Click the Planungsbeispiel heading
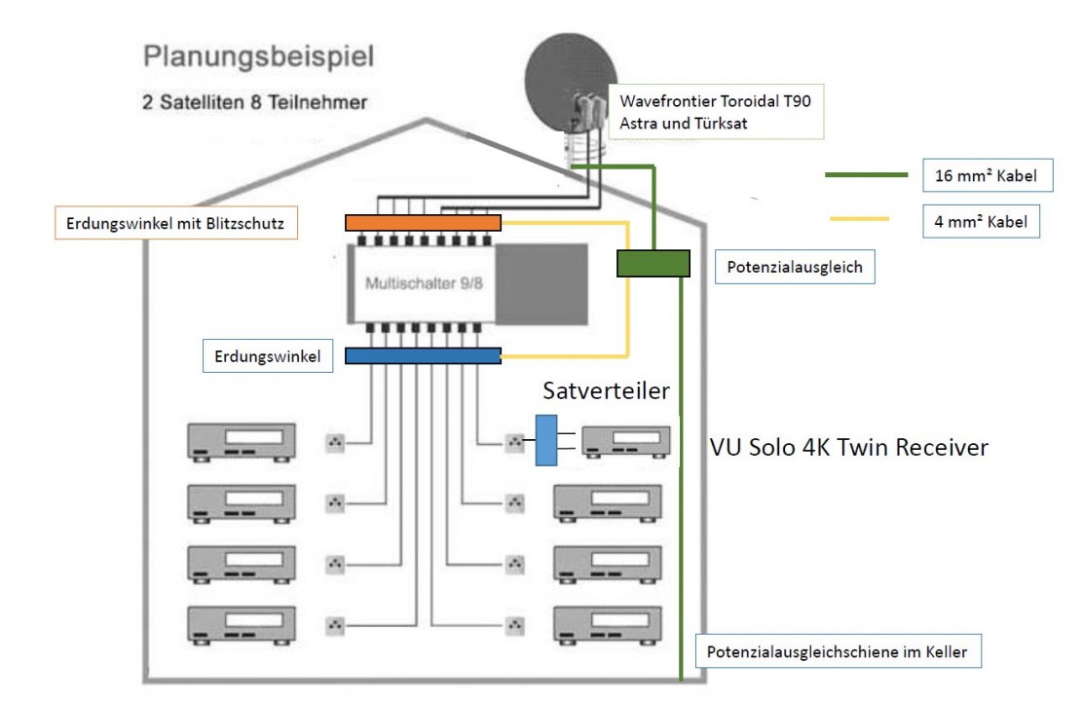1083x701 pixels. point(258,55)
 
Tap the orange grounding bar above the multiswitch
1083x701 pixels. point(423,223)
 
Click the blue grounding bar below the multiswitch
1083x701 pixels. point(423,356)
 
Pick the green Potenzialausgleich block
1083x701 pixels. point(654,263)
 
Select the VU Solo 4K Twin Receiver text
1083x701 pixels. point(848,447)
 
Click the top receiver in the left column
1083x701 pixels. point(243,443)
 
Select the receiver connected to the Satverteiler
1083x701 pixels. point(626,442)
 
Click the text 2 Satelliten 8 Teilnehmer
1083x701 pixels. point(254,102)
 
